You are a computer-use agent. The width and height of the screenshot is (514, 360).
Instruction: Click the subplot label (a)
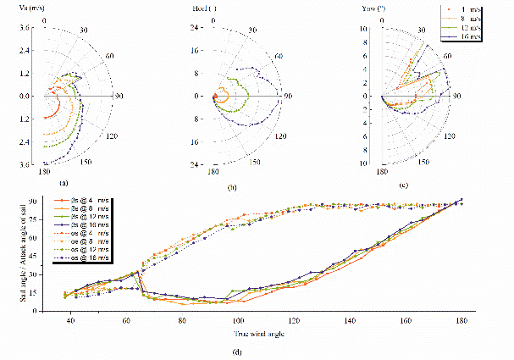click(62, 182)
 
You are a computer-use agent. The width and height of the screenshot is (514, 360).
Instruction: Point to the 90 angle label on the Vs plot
click(119, 96)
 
